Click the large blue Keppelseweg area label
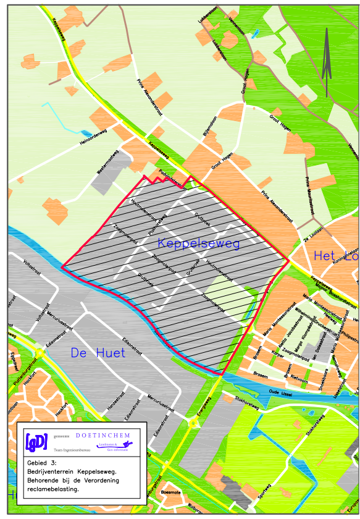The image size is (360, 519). pyautogui.click(x=198, y=243)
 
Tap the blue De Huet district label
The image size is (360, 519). pyautogui.click(x=98, y=353)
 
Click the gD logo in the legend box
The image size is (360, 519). pyautogui.click(x=36, y=442)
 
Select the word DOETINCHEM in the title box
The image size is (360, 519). pyautogui.click(x=103, y=435)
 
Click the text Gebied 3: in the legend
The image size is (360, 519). pyautogui.click(x=42, y=462)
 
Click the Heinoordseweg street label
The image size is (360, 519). pyautogui.click(x=98, y=136)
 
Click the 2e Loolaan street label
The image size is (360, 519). pyautogui.click(x=313, y=239)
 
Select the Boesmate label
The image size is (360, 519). pyautogui.click(x=170, y=492)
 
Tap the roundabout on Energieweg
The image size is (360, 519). pyautogui.click(x=194, y=423)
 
